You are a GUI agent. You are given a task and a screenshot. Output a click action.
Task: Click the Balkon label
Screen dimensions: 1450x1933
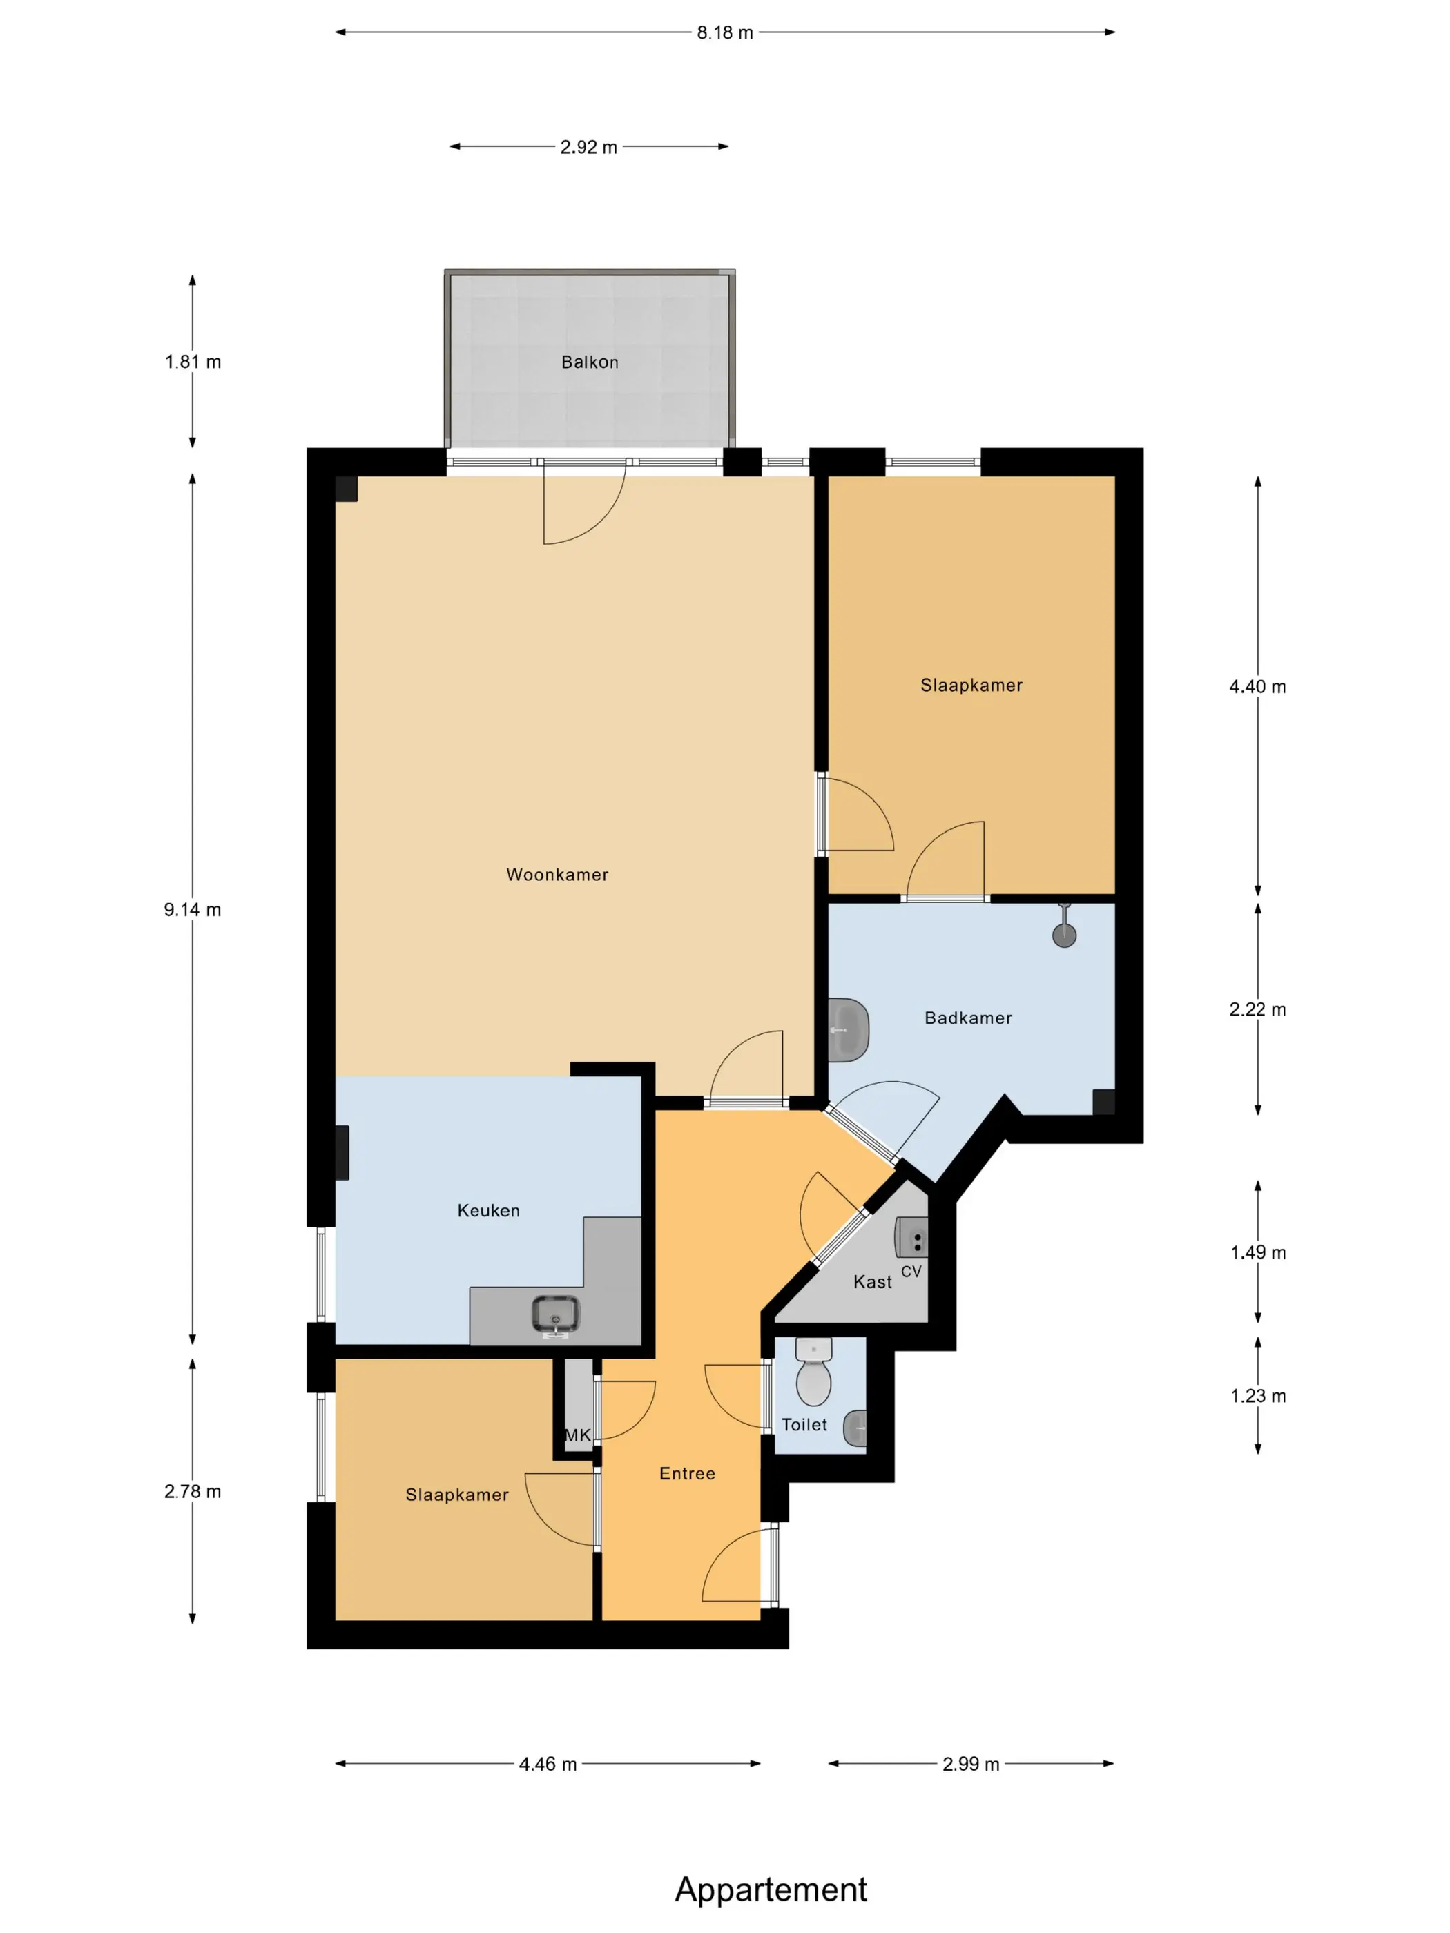(x=590, y=362)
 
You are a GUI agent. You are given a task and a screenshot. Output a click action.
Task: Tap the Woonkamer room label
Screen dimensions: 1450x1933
(x=558, y=875)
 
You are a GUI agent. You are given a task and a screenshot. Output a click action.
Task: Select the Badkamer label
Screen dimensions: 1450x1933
(x=969, y=1018)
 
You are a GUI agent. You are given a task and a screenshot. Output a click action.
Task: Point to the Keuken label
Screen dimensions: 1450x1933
(x=489, y=1210)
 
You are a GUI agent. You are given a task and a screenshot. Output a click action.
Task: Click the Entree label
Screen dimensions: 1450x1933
(x=687, y=1473)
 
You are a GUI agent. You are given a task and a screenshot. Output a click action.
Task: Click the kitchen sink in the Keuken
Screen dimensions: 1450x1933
(x=556, y=1316)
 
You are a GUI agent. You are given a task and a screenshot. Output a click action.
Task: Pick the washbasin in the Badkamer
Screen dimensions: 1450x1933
(x=848, y=1030)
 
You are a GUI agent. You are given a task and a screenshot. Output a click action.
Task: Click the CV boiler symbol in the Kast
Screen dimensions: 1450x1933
(x=911, y=1237)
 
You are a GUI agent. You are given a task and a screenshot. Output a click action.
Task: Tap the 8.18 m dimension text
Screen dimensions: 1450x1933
(x=724, y=33)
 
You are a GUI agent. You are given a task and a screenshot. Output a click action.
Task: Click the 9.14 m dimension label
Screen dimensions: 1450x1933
(x=192, y=910)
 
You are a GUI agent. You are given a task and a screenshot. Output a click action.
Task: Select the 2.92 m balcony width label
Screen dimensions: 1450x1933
(x=589, y=148)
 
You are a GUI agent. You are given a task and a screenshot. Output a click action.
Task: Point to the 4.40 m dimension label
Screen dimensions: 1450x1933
(x=1258, y=687)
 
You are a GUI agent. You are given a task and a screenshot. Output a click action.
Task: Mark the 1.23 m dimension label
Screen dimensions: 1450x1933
(x=1258, y=1396)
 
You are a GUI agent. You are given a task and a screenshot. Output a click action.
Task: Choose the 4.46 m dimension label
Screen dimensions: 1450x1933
(x=548, y=1765)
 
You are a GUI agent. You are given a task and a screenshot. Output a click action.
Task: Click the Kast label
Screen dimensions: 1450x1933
(x=872, y=1282)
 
